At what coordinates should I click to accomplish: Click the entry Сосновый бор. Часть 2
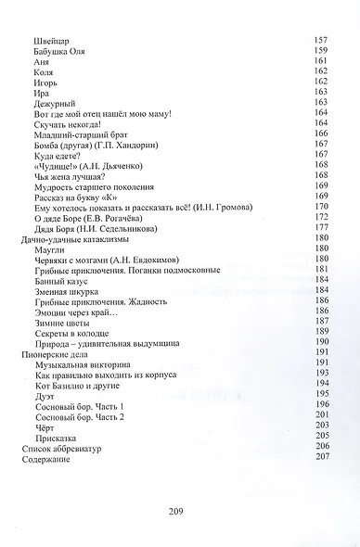[x=90, y=416]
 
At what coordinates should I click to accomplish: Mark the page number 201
[x=323, y=416]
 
